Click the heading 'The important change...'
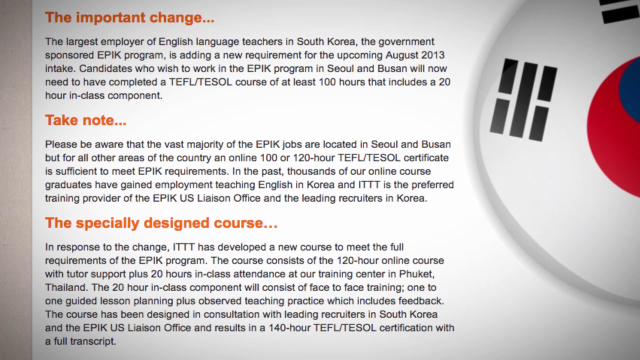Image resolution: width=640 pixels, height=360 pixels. (x=129, y=17)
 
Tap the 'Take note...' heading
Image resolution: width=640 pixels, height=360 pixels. (x=85, y=120)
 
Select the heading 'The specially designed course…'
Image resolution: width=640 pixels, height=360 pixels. (x=161, y=223)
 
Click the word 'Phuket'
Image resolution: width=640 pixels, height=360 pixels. (x=416, y=274)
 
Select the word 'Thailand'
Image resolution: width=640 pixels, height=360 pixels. (x=66, y=287)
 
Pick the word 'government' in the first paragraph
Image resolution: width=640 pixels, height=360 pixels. (x=406, y=42)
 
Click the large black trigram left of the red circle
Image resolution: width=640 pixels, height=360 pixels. (x=523, y=99)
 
